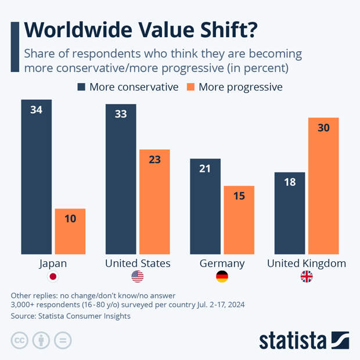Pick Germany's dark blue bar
pyautogui.click(x=206, y=206)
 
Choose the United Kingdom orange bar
pyautogui.click(x=323, y=186)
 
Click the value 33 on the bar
pyautogui.click(x=121, y=114)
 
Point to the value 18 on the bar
pyautogui.click(x=290, y=182)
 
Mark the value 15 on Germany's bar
pyautogui.click(x=239, y=196)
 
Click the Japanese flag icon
pyautogui.click(x=53, y=277)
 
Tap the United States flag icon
pyautogui.click(x=138, y=277)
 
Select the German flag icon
pyautogui.click(x=222, y=277)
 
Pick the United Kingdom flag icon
pyautogui.click(x=307, y=277)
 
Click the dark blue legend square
pyautogui.click(x=81, y=87)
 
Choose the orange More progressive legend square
pyautogui.click(x=190, y=87)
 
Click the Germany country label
pyautogui.click(x=222, y=263)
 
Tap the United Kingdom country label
pyautogui.click(x=307, y=263)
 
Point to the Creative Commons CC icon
pyautogui.click(x=20, y=340)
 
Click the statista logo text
pyautogui.click(x=293, y=340)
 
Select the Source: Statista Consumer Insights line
pyautogui.click(x=70, y=316)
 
